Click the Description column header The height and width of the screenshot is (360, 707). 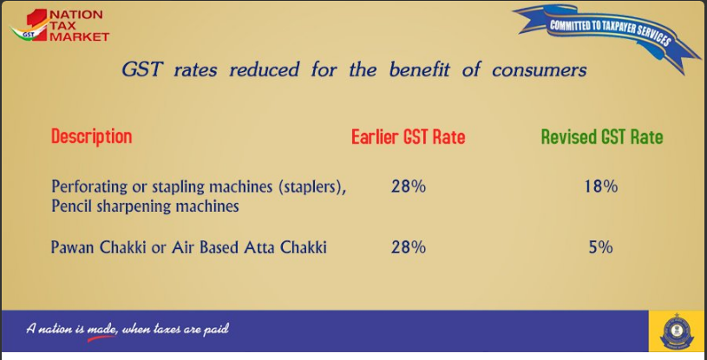click(x=92, y=137)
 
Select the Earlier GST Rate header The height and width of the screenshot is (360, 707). click(x=408, y=137)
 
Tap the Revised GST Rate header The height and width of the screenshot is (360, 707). click(x=602, y=137)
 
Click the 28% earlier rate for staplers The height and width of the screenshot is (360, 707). click(x=408, y=186)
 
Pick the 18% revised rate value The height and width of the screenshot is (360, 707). click(x=600, y=186)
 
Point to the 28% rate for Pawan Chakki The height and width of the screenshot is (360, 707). click(x=408, y=247)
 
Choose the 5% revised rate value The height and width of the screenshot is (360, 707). click(x=600, y=247)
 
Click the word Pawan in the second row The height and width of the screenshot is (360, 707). click(x=73, y=247)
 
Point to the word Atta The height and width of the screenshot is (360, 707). click(x=259, y=247)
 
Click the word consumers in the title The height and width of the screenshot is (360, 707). click(x=540, y=70)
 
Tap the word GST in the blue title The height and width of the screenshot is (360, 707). click(x=141, y=70)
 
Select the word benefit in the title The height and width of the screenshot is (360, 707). click(x=419, y=69)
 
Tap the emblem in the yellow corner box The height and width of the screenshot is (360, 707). click(x=678, y=331)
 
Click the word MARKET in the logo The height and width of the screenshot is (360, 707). click(x=79, y=37)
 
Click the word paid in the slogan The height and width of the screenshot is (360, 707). click(x=216, y=330)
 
